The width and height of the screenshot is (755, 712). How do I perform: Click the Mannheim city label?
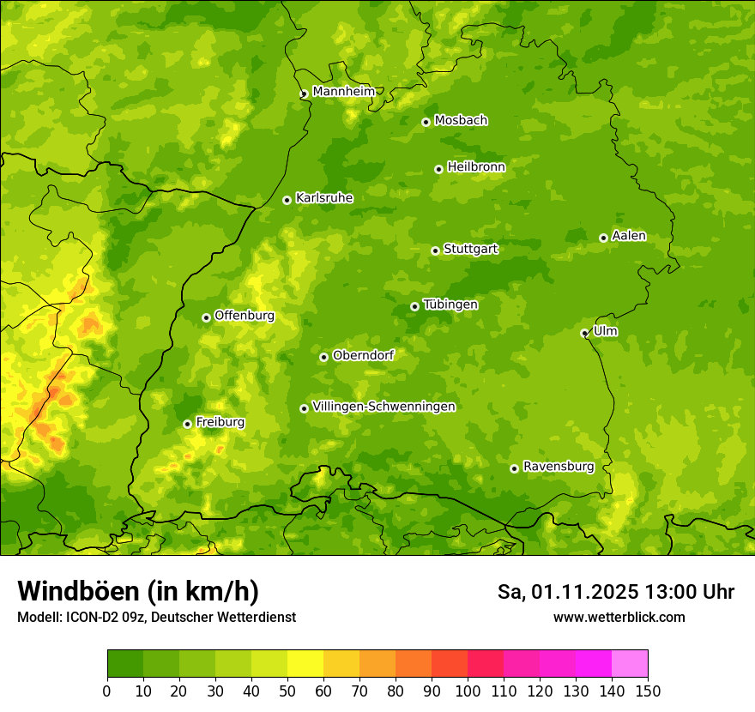point(343,91)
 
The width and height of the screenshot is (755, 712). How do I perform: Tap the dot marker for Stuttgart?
point(435,250)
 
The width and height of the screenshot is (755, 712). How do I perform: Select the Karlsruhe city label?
point(323,198)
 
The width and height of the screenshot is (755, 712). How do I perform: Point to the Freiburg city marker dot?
point(187,424)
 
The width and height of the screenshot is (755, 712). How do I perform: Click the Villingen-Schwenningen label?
point(384,407)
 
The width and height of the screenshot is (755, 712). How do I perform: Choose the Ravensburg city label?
point(558,467)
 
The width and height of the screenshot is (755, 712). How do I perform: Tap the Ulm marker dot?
point(584,333)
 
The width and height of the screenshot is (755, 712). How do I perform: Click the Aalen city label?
point(628,236)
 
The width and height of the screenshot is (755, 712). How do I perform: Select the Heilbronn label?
point(475,167)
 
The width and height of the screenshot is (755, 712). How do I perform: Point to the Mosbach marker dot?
point(426,122)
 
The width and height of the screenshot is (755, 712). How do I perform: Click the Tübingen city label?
point(450,305)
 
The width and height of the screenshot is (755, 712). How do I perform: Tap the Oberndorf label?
point(363,355)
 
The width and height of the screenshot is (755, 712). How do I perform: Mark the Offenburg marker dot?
point(206,317)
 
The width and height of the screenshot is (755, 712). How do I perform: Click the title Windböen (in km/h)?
point(137,591)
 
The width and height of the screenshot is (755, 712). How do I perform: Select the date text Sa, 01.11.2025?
point(567,592)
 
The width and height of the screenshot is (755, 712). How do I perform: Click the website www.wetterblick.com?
point(619,617)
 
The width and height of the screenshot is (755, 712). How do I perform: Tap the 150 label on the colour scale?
point(648,690)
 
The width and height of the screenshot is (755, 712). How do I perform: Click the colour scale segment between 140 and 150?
point(630,664)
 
